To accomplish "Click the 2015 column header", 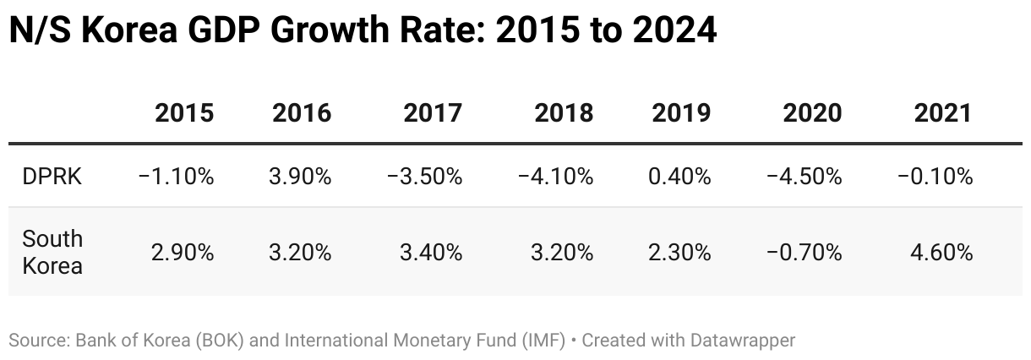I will (184, 113).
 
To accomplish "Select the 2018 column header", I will (564, 113).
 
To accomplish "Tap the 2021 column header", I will (943, 113).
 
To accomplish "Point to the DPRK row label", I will (52, 177).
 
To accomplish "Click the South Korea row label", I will (52, 252).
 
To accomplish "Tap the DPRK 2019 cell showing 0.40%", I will (681, 177).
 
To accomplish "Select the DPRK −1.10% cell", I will (176, 177).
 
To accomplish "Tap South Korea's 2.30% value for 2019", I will (681, 252).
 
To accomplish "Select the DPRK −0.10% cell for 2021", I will (935, 177).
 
